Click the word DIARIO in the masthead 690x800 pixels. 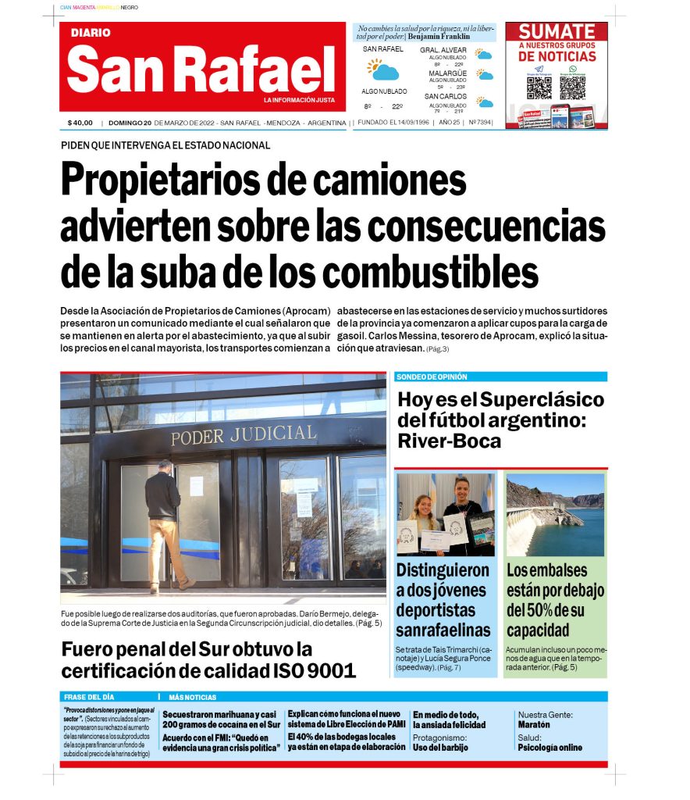(91, 33)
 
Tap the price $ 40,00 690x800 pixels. (80, 123)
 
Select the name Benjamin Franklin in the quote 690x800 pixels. (439, 36)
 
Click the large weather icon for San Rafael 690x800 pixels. (383, 70)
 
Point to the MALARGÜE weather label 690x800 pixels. (447, 73)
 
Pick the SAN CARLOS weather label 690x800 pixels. (446, 96)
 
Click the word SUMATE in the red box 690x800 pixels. (557, 32)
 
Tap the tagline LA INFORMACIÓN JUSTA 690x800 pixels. (299, 100)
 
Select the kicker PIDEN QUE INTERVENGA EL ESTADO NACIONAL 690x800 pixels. (165, 145)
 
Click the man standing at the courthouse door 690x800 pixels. (164, 523)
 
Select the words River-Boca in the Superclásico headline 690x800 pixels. (449, 441)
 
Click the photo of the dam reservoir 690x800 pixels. (554, 513)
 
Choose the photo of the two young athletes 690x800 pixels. (445, 513)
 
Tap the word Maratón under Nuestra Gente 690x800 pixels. (534, 724)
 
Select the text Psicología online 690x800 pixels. (550, 747)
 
